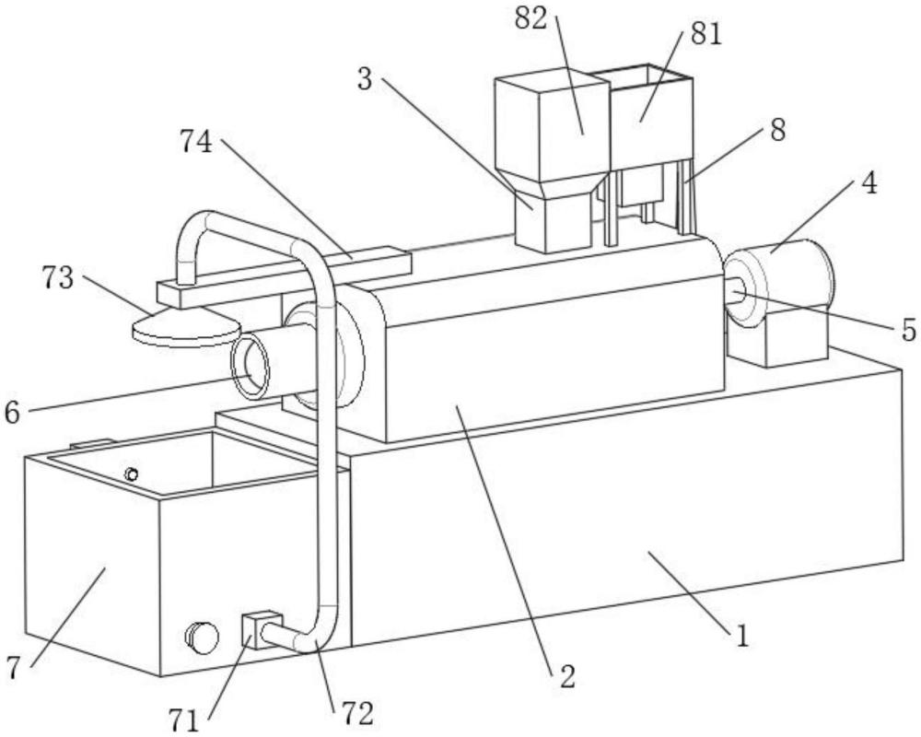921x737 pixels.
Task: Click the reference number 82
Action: click(530, 18)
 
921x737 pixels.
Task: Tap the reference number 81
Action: click(705, 35)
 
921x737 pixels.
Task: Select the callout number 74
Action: click(195, 142)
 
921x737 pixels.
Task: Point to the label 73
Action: click(58, 278)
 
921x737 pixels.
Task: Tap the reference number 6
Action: click(12, 413)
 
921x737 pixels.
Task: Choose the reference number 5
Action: click(909, 331)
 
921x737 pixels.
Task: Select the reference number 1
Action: click(743, 636)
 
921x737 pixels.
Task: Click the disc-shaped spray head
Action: click(186, 329)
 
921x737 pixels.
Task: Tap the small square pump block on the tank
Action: click(262, 629)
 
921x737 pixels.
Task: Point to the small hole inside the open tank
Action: click(132, 474)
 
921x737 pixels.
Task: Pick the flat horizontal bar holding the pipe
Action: click(285, 276)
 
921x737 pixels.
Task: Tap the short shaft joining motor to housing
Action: click(736, 290)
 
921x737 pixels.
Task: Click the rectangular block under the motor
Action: click(777, 340)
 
